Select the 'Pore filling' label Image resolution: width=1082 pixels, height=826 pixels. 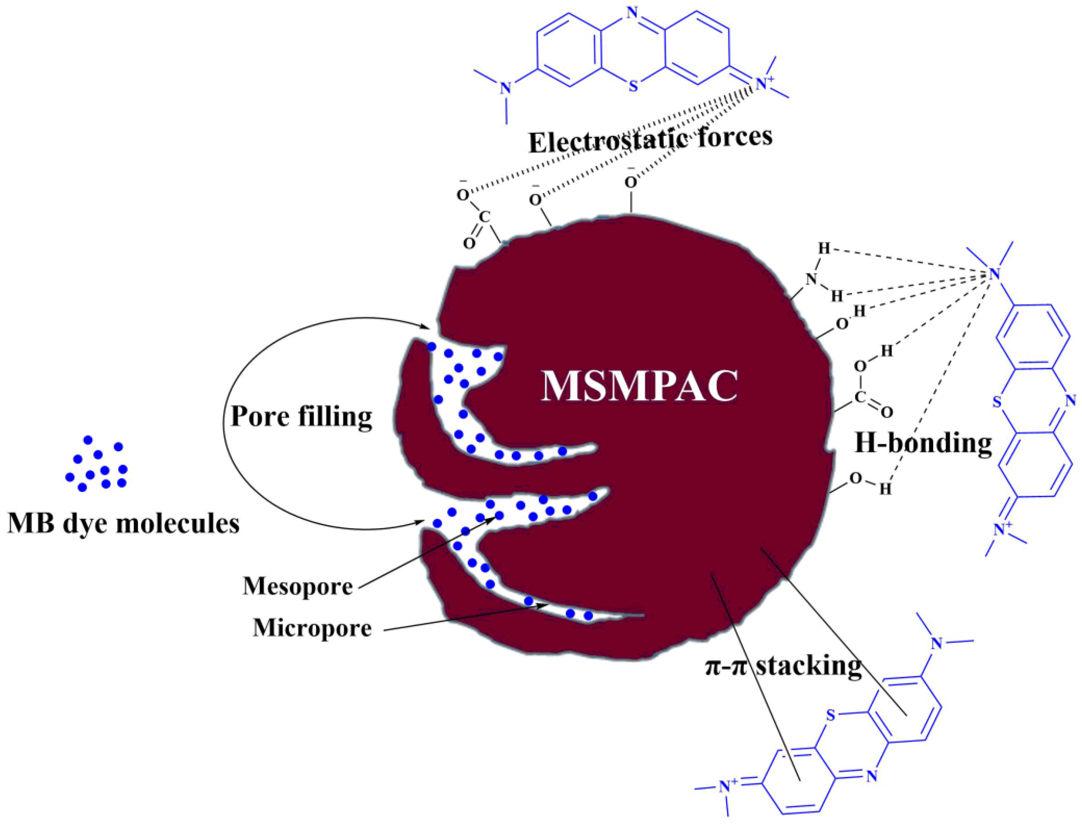click(x=301, y=416)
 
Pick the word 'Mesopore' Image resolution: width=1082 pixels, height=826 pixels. click(x=298, y=586)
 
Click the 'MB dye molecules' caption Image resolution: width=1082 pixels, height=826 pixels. click(x=123, y=524)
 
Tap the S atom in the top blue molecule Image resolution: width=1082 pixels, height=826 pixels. click(x=634, y=87)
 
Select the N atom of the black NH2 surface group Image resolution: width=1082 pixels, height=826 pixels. click(x=811, y=279)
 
